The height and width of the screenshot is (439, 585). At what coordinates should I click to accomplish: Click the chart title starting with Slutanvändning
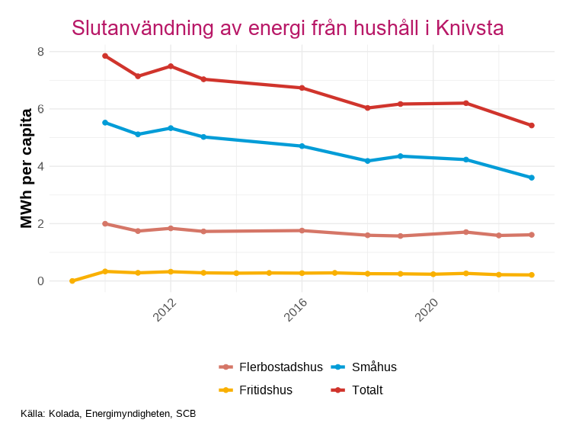pos(287,28)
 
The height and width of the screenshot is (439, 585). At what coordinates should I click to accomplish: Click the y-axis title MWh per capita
pos(27,168)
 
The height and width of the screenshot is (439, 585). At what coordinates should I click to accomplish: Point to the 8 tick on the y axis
pos(40,52)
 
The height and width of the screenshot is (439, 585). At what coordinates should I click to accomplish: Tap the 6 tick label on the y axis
pos(40,109)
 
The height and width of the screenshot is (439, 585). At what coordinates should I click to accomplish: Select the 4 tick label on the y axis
pos(40,166)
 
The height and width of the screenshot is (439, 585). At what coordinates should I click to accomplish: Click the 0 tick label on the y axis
pos(40,281)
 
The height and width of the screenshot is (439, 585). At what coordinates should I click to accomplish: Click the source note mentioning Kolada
pos(108,414)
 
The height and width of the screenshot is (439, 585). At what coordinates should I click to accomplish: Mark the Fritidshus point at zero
pos(72,281)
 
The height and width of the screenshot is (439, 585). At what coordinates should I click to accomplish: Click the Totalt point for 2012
pos(171,66)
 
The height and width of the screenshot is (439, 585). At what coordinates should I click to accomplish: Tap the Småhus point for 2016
pos(302,146)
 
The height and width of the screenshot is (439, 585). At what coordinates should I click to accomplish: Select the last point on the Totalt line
pos(532,126)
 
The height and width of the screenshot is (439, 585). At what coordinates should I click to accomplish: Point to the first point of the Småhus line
pos(105,123)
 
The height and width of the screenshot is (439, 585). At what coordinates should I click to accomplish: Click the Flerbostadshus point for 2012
pos(171,228)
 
